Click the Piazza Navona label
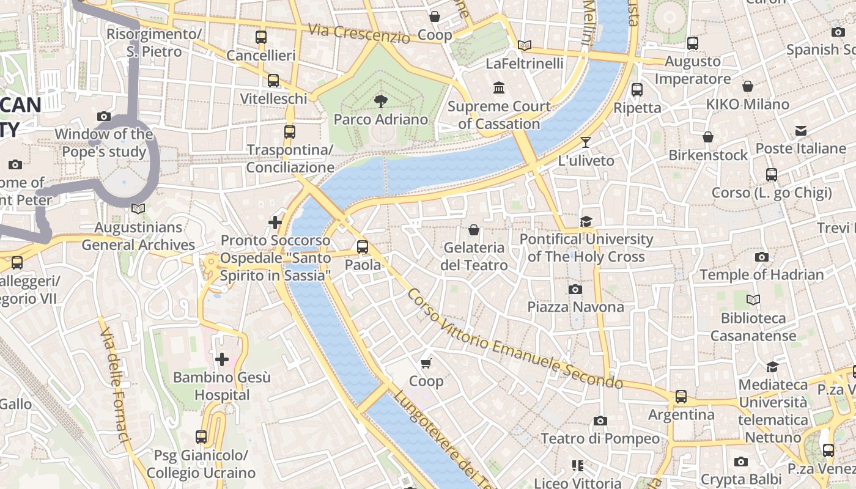click(575, 307)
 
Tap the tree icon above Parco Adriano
click(381, 101)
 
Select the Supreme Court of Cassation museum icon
click(499, 88)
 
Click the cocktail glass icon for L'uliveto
click(586, 142)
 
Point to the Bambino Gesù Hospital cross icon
click(221, 359)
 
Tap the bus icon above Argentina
click(681, 397)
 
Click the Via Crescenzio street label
click(359, 33)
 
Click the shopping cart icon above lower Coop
click(426, 363)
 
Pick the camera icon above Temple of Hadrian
click(761, 257)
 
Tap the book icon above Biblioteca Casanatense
click(753, 300)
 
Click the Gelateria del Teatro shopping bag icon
click(473, 230)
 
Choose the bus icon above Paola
click(363, 247)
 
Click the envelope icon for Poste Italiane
click(800, 131)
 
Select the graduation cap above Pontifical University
click(586, 221)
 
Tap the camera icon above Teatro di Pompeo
click(600, 421)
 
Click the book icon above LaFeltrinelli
click(524, 45)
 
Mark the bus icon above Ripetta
click(637, 90)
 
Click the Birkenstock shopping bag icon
click(708, 137)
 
